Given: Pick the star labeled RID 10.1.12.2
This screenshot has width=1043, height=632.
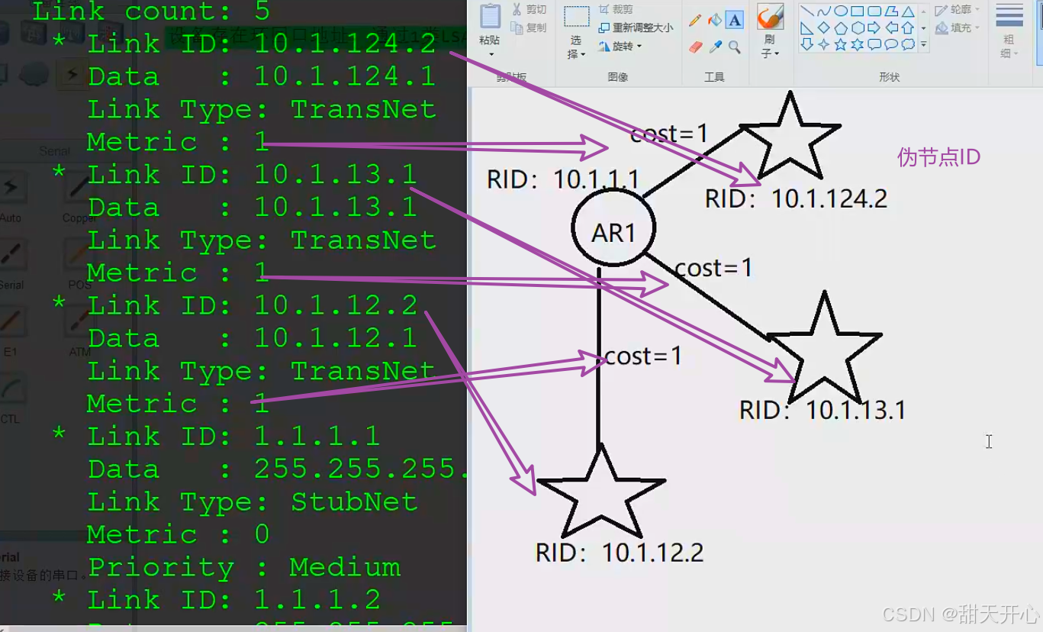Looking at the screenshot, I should [x=600, y=496].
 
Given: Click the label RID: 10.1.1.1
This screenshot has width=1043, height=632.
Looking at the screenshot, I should [x=563, y=180].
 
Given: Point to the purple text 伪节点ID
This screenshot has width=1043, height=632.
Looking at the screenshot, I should [x=938, y=157].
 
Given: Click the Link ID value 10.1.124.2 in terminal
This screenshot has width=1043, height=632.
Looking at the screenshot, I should [x=345, y=44].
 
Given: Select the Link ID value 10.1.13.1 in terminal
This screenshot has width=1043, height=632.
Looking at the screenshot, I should [x=336, y=175].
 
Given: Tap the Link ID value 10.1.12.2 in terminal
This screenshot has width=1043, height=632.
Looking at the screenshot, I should [x=336, y=305].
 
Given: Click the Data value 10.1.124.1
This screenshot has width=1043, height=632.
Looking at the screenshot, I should [x=345, y=76].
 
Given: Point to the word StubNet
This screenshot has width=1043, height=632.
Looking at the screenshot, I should [x=354, y=502].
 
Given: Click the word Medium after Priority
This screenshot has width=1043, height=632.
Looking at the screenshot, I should [x=345, y=568].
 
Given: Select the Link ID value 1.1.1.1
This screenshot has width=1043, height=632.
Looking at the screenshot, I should [x=317, y=437].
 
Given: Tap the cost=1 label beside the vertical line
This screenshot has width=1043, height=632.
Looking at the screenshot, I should [x=642, y=356].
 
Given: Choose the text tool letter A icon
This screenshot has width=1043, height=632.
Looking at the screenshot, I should [x=734, y=20].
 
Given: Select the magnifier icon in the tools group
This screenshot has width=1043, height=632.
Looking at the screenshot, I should [x=735, y=47].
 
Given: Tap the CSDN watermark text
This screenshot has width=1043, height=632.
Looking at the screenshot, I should [x=961, y=614].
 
